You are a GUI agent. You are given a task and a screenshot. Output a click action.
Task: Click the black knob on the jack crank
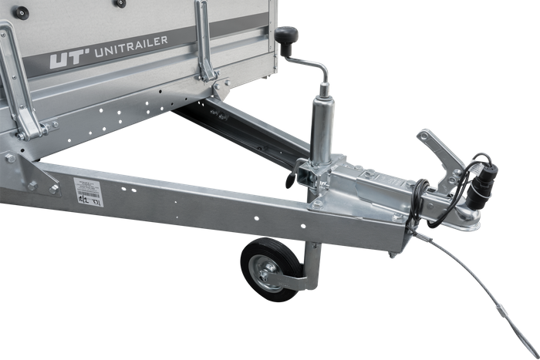coord(288,35)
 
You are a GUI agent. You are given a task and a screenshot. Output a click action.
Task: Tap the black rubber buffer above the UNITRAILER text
coord(120,3)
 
